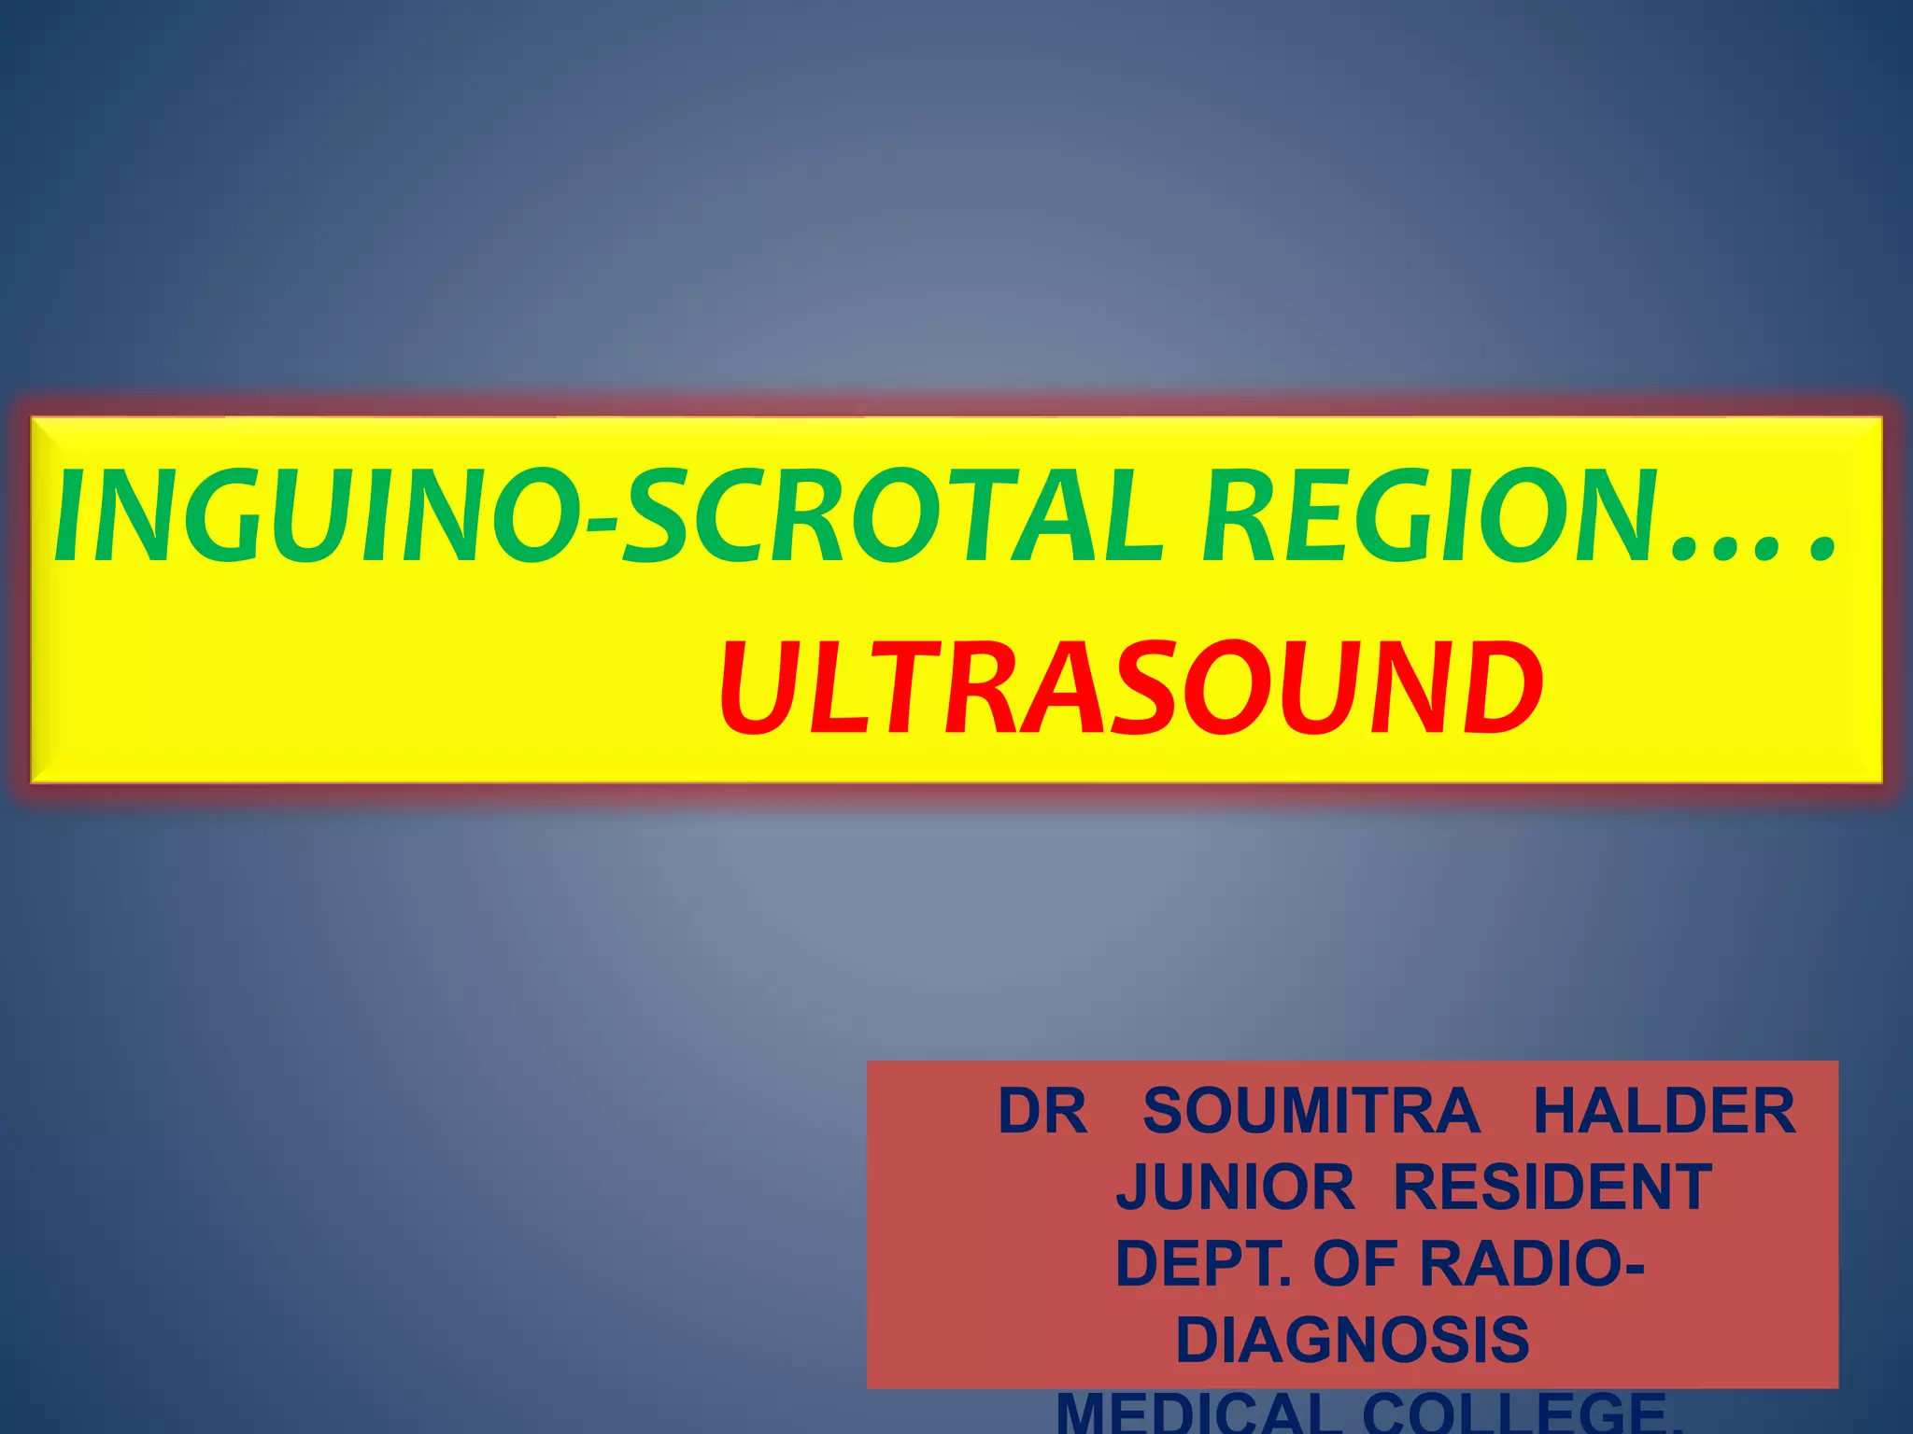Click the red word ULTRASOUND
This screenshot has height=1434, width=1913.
pyautogui.click(x=1130, y=689)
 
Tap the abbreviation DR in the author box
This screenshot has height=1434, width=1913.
pyautogui.click(x=1042, y=1111)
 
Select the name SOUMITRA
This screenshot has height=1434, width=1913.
pyautogui.click(x=1311, y=1111)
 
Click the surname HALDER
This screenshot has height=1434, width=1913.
pyautogui.click(x=1665, y=1111)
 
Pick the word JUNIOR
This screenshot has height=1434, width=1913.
pyautogui.click(x=1235, y=1188)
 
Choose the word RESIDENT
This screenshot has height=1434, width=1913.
pyautogui.click(x=1552, y=1188)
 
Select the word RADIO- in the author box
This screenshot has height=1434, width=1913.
pyautogui.click(x=1532, y=1264)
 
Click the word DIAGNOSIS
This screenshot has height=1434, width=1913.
pyautogui.click(x=1353, y=1341)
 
